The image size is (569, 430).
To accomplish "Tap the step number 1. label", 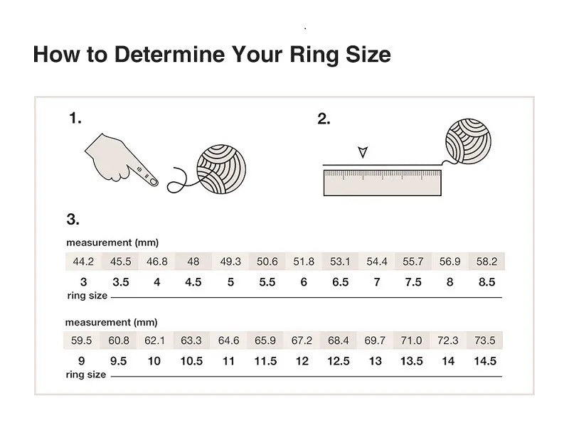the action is click(x=75, y=118).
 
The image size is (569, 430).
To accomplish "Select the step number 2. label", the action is click(x=324, y=119).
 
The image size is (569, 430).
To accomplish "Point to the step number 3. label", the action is click(x=73, y=220).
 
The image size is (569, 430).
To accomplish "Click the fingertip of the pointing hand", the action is click(x=154, y=181).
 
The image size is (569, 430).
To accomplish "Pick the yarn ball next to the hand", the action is click(x=221, y=169).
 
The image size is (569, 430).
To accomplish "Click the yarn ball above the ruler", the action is click(x=468, y=141).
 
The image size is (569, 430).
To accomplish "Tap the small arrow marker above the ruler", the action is click(x=363, y=152).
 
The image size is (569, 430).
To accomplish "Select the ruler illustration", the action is click(x=383, y=183).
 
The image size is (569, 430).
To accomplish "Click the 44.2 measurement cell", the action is click(x=83, y=262).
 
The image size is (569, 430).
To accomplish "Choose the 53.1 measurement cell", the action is click(x=340, y=262).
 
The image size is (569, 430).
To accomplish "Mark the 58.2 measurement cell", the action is click(x=486, y=262).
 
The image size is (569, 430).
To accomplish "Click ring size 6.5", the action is click(x=341, y=282).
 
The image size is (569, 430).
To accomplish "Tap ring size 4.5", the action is click(x=193, y=282).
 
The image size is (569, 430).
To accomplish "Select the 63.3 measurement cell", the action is click(x=191, y=340).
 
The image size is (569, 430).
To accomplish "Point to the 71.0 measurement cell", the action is click(x=412, y=340).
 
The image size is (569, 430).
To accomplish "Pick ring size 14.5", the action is click(x=485, y=361).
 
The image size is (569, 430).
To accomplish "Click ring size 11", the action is click(x=228, y=361).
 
